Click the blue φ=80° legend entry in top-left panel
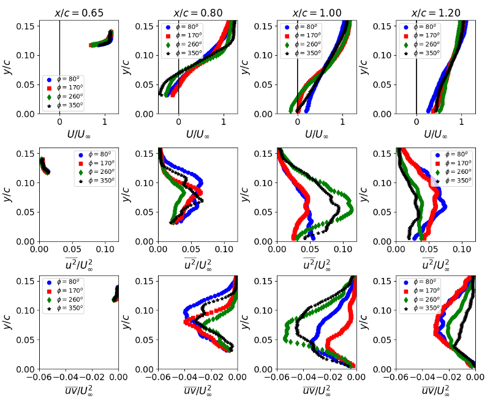pos(65,80)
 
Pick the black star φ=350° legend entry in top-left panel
pos(65,105)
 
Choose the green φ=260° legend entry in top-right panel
pos(422,45)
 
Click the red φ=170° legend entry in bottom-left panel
pos(65,291)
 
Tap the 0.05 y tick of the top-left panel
pos(28,84)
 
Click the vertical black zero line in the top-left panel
pos(59,61)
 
